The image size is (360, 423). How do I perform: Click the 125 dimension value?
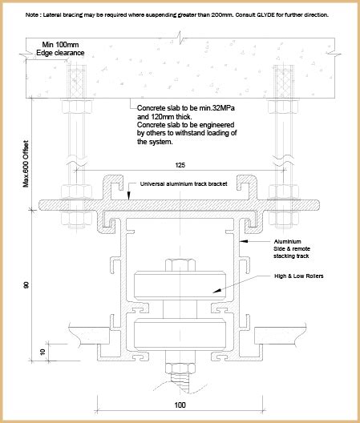[x=180, y=165]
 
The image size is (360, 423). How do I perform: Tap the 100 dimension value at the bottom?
[x=180, y=405]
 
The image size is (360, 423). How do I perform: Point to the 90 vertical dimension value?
[x=26, y=285]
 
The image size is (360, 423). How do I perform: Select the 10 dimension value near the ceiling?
[x=42, y=352]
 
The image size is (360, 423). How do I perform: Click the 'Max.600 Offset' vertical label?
[x=26, y=163]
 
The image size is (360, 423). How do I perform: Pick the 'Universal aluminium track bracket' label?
[x=184, y=184]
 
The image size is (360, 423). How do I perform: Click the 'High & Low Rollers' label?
[x=299, y=276]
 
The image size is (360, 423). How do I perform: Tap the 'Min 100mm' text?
[x=60, y=45]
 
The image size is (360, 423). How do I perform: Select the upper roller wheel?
[x=180, y=285]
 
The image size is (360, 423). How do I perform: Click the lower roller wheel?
[x=180, y=334]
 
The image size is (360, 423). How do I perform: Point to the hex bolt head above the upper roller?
[x=180, y=264]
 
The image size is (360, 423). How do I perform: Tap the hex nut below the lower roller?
[x=180, y=369]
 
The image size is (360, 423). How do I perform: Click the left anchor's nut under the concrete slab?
[x=77, y=106]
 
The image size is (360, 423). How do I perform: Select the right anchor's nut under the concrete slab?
[x=284, y=106]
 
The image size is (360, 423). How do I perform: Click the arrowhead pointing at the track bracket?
[x=129, y=195]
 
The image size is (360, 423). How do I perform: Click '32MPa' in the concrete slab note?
[x=224, y=108]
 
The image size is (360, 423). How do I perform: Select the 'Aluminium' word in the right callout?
[x=287, y=241]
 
